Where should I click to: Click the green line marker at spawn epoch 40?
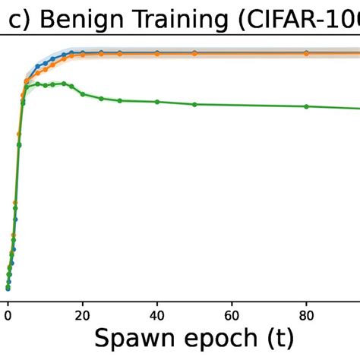157,102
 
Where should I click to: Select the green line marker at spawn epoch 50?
194,104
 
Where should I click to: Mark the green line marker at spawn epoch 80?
306,106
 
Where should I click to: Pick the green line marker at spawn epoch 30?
120,100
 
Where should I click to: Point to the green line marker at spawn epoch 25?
101,99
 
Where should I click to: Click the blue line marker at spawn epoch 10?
45,64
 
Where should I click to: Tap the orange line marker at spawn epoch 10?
45,69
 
